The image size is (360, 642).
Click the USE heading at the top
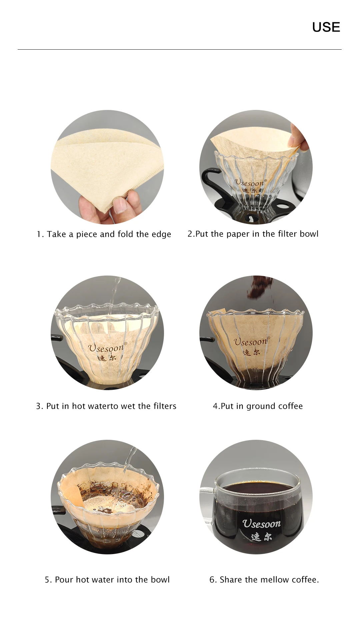(x=326, y=27)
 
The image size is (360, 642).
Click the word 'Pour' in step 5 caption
(x=64, y=580)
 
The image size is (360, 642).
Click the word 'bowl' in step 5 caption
(x=160, y=580)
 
